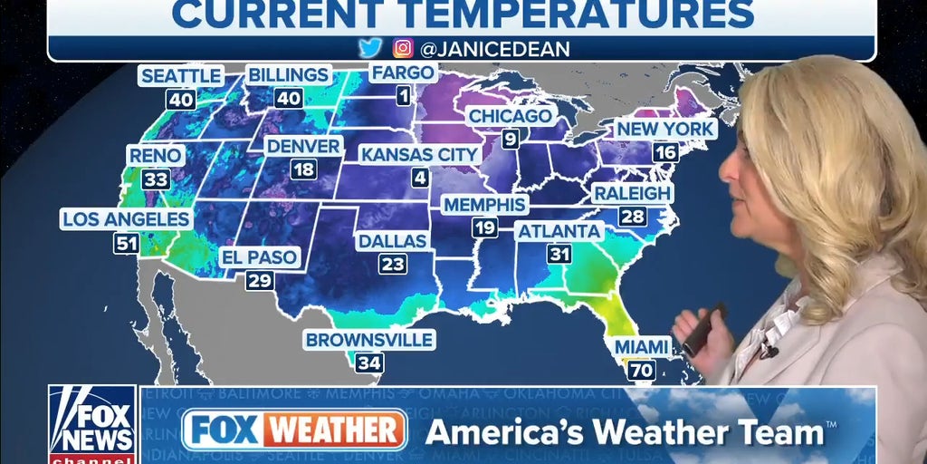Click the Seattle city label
tap(181, 74)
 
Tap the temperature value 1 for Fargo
tap(402, 95)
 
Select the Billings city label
tap(289, 74)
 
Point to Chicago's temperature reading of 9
tap(511, 139)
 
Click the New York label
tap(665, 130)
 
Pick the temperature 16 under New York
tap(665, 152)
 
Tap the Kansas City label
tap(419, 154)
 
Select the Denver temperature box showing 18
tap(304, 169)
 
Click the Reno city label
tap(156, 156)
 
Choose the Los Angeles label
tap(126, 219)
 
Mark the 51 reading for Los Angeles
tap(126, 243)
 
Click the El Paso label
tap(260, 257)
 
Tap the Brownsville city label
tap(369, 340)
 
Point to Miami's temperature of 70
tap(642, 370)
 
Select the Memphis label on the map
tap(484, 204)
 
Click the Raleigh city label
tap(633, 193)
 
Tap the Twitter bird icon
tap(370, 48)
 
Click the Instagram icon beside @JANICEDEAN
tap(403, 48)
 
